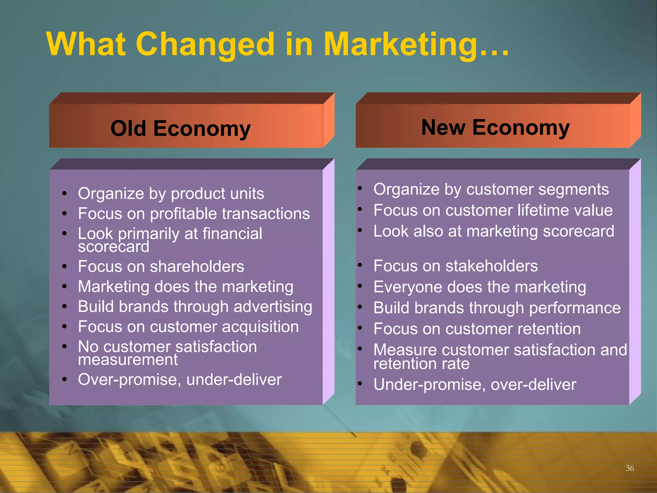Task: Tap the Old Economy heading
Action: pyautogui.click(x=180, y=128)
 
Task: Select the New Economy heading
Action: pyautogui.click(x=495, y=127)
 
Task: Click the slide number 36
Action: pyautogui.click(x=629, y=468)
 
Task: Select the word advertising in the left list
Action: pyautogui.click(x=273, y=307)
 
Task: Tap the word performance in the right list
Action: pyautogui.click(x=575, y=308)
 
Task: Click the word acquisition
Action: pyautogui.click(x=260, y=327)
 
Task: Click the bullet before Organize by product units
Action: pyautogui.click(x=64, y=194)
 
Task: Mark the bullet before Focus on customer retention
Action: pyautogui.click(x=360, y=328)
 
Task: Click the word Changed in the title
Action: pyautogui.click(x=205, y=45)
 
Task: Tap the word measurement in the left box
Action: pyautogui.click(x=128, y=359)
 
